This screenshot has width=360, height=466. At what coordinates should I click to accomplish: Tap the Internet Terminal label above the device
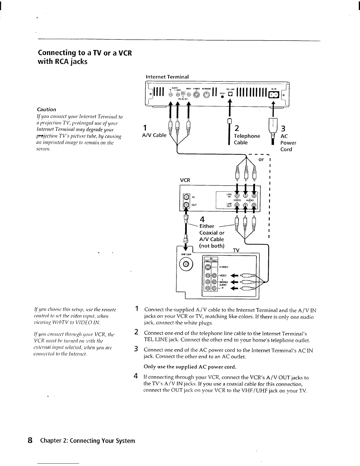167,76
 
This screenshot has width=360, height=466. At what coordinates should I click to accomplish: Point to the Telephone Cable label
247,139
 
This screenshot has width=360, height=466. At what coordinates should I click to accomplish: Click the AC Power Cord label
288,143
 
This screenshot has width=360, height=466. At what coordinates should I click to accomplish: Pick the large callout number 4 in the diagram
202,219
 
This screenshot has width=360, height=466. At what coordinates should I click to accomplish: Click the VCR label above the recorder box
185,180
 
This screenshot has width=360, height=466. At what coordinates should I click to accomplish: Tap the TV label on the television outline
236,250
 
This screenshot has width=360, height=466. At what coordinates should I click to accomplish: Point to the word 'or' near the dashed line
261,159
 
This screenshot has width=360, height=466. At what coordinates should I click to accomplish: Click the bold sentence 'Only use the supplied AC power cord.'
190,367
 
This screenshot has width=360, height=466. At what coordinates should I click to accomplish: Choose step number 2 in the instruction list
136,332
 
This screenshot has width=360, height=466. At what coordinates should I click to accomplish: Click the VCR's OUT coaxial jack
186,205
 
